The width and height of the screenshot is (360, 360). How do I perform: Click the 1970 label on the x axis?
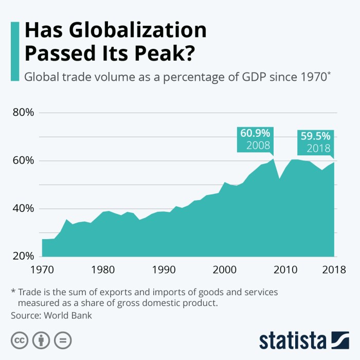pos(43,269)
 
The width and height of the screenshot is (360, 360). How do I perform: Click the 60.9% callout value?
pos(255,133)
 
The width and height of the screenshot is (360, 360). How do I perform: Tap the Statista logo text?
pos(292,340)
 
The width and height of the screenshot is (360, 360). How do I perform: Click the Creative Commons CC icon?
pos(20,340)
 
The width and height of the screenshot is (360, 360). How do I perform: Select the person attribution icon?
pos(41,340)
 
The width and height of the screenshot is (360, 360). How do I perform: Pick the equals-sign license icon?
pos(62,340)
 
